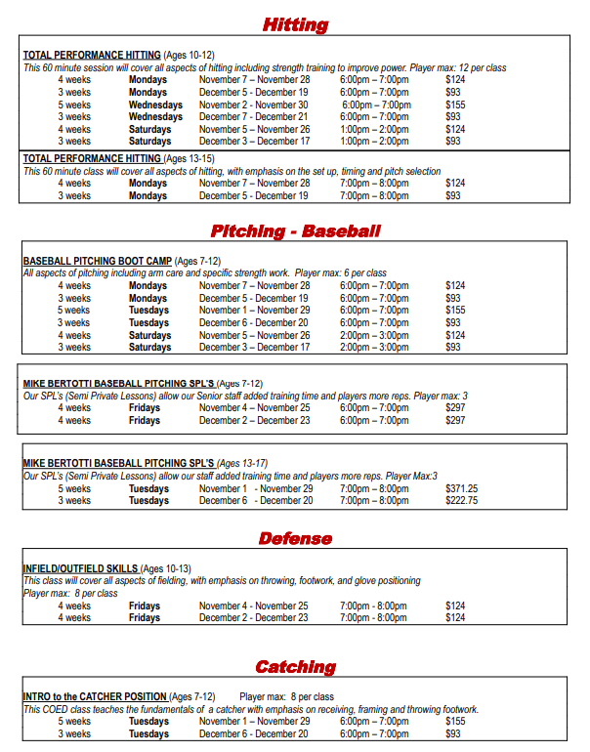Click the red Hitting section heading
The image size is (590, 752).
[x=295, y=24]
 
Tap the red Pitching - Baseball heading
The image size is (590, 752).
[x=295, y=231]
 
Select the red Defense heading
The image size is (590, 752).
[x=295, y=538]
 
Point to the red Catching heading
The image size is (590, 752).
[x=295, y=667]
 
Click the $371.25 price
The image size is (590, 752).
[x=461, y=488]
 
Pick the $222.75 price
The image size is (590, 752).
[x=461, y=500]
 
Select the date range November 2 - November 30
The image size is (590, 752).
[x=253, y=104]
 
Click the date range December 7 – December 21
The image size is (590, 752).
[x=254, y=116]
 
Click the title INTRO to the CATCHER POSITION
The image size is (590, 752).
[x=94, y=696]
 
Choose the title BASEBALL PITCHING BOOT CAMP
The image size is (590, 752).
[x=97, y=262]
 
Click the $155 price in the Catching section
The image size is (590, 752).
[x=455, y=721]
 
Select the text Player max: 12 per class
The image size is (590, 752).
[x=457, y=67]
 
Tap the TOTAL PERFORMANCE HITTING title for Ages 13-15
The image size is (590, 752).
[x=92, y=158]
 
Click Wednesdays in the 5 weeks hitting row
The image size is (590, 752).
[x=155, y=104]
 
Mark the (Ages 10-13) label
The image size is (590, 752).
[x=166, y=568]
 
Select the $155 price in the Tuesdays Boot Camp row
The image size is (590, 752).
[x=455, y=310]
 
